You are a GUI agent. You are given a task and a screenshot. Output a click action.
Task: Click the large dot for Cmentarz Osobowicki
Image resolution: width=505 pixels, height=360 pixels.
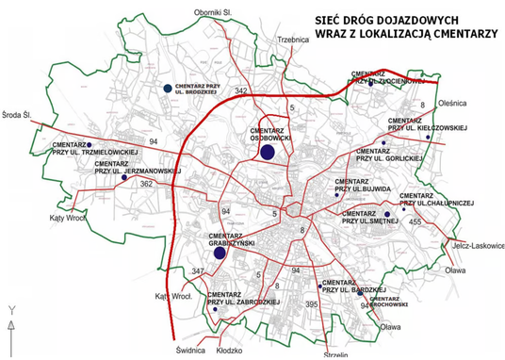pyautogui.click(x=267, y=152)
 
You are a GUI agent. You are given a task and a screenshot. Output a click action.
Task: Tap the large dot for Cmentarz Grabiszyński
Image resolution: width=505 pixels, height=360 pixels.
pyautogui.click(x=220, y=253)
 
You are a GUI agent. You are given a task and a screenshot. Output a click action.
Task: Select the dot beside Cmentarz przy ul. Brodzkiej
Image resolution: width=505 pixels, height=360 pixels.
pyautogui.click(x=167, y=88)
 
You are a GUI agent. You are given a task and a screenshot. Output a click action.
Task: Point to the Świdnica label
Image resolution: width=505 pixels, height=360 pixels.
pyautogui.click(x=190, y=349)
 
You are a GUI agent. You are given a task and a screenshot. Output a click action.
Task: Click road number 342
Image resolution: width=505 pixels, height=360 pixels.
pyautogui.click(x=242, y=90)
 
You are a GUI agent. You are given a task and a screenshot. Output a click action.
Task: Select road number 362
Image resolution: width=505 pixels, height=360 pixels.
pyautogui.click(x=146, y=184)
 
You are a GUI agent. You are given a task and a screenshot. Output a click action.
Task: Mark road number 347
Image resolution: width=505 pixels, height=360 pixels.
pyautogui.click(x=197, y=271)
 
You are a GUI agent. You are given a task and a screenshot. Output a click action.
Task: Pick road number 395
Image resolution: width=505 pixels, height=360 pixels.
pyautogui.click(x=314, y=304)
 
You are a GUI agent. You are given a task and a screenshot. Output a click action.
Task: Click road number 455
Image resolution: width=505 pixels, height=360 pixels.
pyautogui.click(x=415, y=221)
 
